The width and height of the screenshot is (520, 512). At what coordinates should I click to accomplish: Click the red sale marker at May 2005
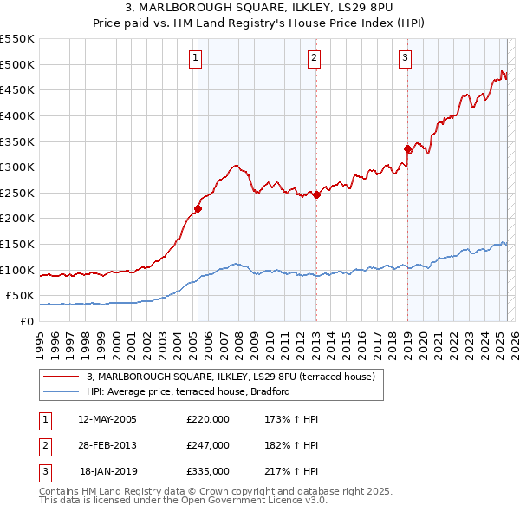click(x=198, y=208)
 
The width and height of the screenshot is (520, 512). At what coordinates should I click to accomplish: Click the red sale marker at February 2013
click(x=316, y=195)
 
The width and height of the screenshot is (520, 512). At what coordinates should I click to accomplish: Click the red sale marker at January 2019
click(x=407, y=149)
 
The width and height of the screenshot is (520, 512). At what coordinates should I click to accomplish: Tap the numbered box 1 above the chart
click(x=196, y=58)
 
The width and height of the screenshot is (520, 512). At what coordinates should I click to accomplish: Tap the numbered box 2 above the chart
click(x=314, y=58)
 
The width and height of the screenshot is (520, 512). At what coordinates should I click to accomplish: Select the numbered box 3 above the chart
click(x=405, y=58)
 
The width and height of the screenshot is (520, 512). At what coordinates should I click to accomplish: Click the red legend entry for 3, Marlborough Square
click(x=231, y=377)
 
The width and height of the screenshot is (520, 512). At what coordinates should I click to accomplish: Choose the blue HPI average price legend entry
click(x=187, y=391)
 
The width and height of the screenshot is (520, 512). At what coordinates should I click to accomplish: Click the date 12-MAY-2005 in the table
click(x=107, y=419)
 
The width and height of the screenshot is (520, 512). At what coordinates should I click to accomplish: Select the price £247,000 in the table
click(x=208, y=445)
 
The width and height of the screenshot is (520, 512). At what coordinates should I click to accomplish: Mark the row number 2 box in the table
click(x=44, y=445)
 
